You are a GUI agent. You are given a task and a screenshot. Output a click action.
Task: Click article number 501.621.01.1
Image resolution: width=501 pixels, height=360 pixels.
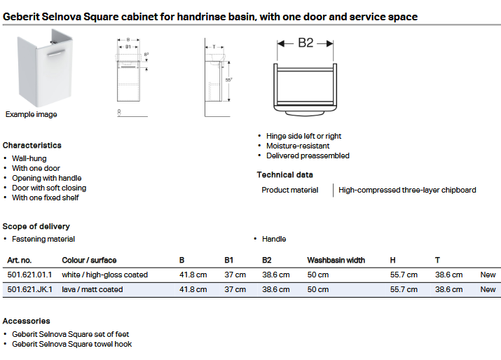coord(29,275)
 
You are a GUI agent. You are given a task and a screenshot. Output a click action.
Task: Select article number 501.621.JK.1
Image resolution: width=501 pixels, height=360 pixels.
coord(29,289)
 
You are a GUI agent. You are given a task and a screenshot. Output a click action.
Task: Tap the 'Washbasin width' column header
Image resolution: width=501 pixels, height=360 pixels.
coord(336,261)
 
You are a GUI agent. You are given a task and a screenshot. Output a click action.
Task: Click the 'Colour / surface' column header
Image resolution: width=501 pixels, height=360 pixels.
coord(89,261)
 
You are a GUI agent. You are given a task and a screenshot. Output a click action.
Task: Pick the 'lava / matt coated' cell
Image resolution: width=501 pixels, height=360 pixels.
coord(92,289)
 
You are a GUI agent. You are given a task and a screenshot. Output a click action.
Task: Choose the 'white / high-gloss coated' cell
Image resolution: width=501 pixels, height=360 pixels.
coord(104,275)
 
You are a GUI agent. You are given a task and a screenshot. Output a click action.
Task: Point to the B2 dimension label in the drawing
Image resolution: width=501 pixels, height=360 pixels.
coord(306,43)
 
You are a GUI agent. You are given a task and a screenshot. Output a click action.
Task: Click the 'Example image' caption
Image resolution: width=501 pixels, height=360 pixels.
coord(32,114)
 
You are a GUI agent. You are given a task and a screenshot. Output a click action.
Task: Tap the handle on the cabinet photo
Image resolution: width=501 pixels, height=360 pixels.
coord(53,53)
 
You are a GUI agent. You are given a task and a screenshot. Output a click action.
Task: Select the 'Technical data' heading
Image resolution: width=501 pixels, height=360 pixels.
coord(284,175)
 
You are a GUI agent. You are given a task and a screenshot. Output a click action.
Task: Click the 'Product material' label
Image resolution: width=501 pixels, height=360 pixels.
coord(289,190)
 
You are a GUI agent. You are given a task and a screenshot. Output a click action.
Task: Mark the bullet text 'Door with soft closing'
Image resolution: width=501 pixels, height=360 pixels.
coord(49,188)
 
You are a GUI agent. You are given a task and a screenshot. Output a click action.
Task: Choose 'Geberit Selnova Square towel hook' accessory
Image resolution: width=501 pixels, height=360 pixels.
coord(71,344)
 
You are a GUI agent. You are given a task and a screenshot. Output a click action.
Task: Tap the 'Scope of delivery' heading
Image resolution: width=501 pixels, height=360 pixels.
coord(36,226)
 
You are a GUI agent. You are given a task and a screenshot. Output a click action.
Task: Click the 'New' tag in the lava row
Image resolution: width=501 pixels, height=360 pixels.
coord(488,289)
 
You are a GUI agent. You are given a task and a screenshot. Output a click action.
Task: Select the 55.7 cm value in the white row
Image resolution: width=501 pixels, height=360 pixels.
coord(404,275)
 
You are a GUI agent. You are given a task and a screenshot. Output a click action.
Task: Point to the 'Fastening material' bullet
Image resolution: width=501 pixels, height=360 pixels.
coord(43,239)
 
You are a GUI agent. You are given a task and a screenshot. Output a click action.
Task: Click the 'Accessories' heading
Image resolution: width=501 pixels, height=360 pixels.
coord(26,321)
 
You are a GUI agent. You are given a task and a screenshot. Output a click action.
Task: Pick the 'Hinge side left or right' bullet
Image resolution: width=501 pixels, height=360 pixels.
coord(303,136)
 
